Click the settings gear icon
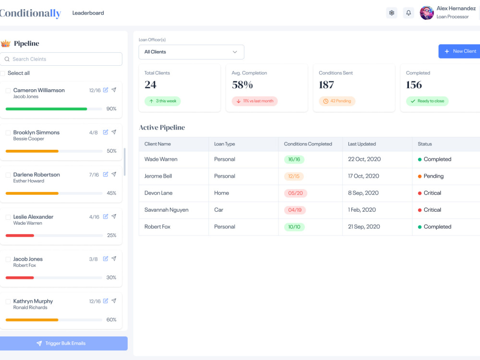coord(392,13)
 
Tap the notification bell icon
coord(408,13)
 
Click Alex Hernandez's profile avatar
coord(427,13)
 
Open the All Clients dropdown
coord(192,52)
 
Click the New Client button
coord(459,51)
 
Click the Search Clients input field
coord(61,59)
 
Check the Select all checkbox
coord(2,73)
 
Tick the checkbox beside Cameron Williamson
coord(8,91)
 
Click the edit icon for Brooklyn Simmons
coord(105,132)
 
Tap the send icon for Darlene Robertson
coord(114,174)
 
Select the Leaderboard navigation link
coord(88,13)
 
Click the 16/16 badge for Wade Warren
coord(294,159)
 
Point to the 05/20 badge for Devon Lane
coord(295,193)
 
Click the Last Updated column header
coord(362,144)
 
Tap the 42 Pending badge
coord(337,101)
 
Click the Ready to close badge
coord(427,101)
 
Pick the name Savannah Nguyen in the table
coord(167,210)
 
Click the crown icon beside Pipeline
coord(5,44)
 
